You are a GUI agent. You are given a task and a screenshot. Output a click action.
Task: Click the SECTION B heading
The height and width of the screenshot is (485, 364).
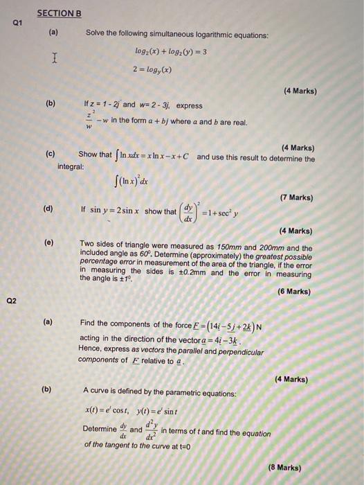(x=59, y=12)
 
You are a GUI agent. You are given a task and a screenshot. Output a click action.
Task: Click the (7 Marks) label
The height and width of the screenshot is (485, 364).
(x=297, y=197)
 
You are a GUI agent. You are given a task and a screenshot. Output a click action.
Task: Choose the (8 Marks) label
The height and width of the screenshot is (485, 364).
(x=285, y=468)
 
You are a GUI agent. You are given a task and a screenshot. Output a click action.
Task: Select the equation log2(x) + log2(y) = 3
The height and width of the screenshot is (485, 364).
(x=170, y=51)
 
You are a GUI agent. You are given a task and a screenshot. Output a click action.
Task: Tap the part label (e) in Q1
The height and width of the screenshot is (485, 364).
(x=48, y=244)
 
